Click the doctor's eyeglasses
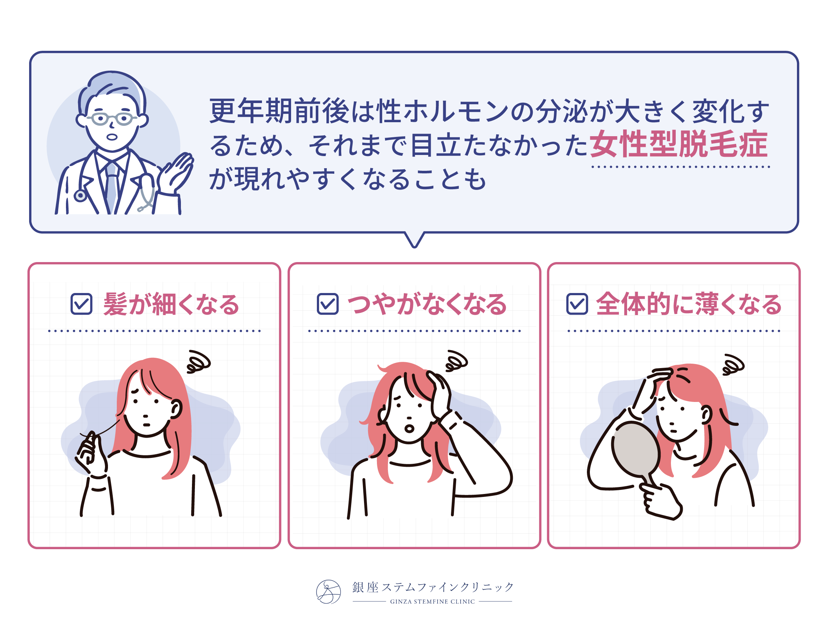[x=111, y=119]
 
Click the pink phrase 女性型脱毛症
[x=679, y=144]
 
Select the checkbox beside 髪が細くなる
[x=81, y=304]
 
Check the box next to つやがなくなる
[x=328, y=304]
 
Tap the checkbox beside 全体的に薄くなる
[x=577, y=304]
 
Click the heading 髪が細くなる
[x=171, y=304]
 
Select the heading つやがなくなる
[x=427, y=304]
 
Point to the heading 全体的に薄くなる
[x=689, y=304]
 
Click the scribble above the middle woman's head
[x=456, y=361]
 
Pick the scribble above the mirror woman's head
[x=733, y=365]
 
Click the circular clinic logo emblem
[x=328, y=592]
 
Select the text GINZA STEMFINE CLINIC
[x=432, y=601]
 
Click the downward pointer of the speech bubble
[x=414, y=240]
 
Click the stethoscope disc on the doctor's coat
[x=80, y=195]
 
